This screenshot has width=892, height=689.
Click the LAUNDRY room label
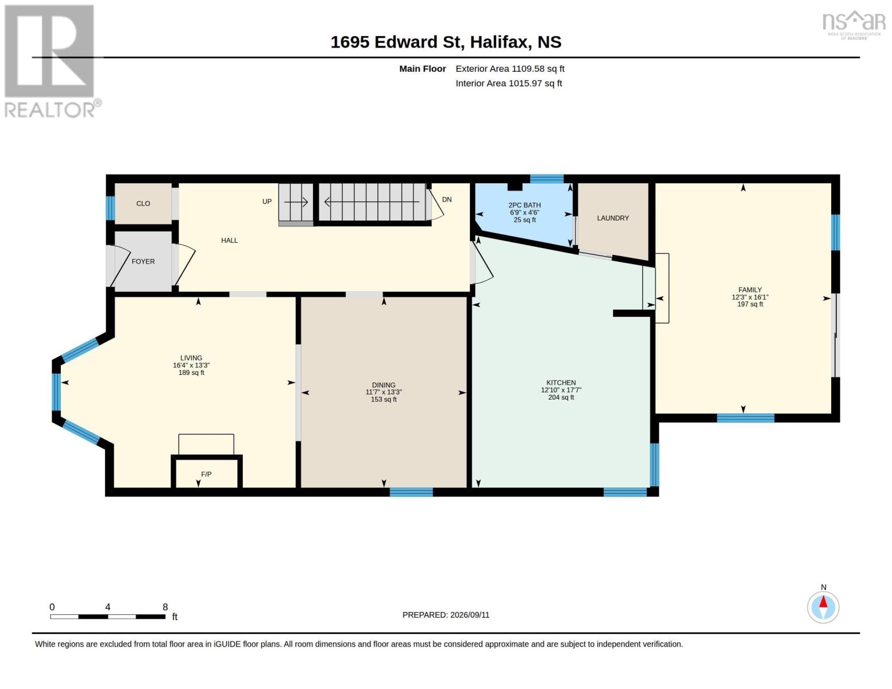pos(613,218)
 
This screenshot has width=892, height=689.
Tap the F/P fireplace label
pos(206,474)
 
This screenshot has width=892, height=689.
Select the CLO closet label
pos(143,203)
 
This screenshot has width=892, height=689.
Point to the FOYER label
pos(143,261)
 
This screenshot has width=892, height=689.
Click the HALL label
pos(229,241)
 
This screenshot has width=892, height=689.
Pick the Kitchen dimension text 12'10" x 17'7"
pos(561,390)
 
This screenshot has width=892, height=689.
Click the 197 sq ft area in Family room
pos(750,304)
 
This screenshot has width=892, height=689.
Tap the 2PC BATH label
pos(524,205)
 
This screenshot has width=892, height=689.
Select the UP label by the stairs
pos(267,202)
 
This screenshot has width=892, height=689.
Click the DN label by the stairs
pos(447,199)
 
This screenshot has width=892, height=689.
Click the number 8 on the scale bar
pos(165,607)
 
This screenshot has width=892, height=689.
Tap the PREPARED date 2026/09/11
pos(470,615)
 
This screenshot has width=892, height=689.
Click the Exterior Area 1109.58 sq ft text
pos(510,68)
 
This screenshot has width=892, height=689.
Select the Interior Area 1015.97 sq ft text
pos(508,83)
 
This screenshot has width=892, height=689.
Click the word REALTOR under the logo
pos(49,110)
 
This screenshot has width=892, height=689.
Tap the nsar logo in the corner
pos(854,24)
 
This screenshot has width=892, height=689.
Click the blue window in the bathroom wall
pos(546,179)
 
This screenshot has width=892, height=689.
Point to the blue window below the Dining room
pos(411,492)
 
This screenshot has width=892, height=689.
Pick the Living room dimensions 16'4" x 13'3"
pos(191,365)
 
